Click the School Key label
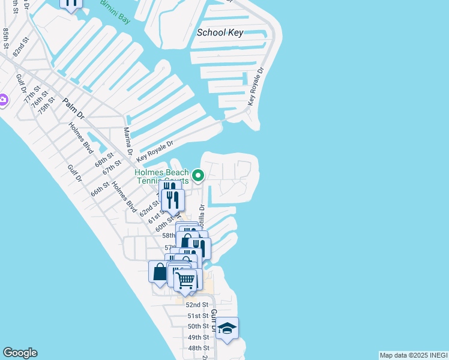click(x=220, y=32)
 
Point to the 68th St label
click(x=103, y=161)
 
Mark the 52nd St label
click(x=196, y=305)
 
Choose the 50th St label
click(x=198, y=326)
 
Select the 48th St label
click(x=199, y=348)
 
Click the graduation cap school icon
click(x=227, y=328)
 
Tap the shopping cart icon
click(x=185, y=279)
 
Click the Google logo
click(x=20, y=353)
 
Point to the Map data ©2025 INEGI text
click(x=413, y=355)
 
